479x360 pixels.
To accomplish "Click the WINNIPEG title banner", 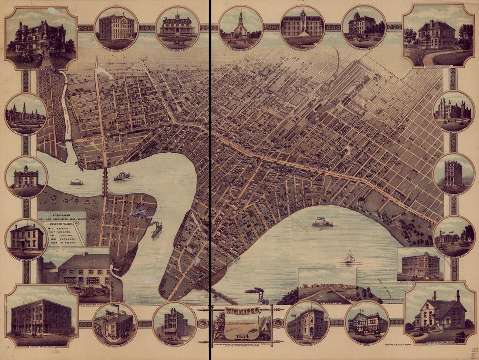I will tap(242, 310).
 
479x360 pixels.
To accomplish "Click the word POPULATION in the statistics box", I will tap(61, 215).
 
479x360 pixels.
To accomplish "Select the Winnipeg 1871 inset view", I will tap(327, 286).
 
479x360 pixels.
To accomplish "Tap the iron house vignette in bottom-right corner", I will tap(440, 312).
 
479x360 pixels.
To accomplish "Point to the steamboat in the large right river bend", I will tap(322, 223).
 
